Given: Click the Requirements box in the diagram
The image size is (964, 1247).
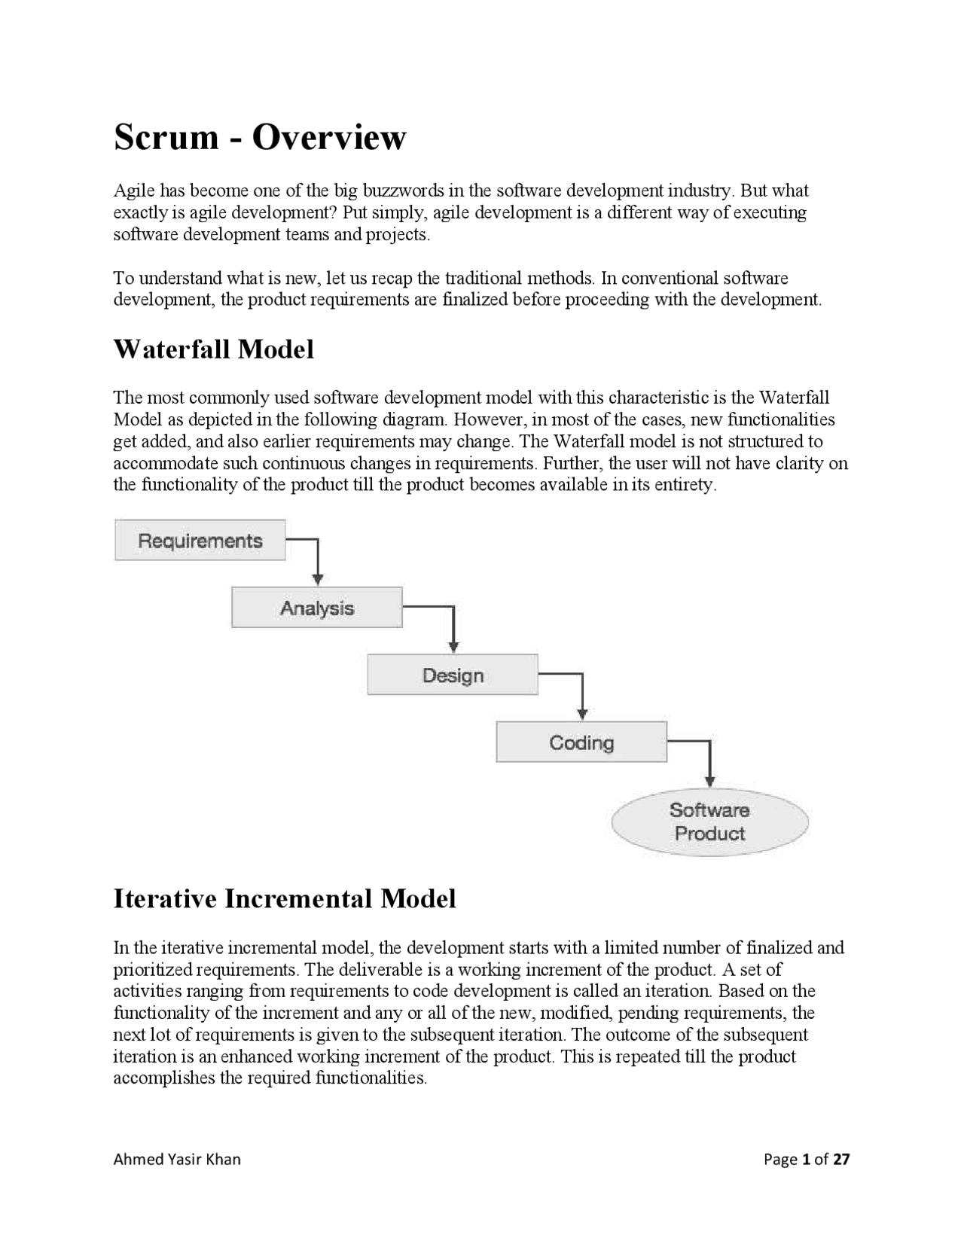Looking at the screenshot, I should [x=200, y=540].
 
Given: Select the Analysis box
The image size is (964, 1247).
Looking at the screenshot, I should [x=316, y=608].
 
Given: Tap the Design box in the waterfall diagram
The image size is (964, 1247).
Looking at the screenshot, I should [x=453, y=675].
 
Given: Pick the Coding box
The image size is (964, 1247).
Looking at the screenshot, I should [x=581, y=742].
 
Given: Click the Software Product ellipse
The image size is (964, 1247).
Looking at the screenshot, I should [x=709, y=822].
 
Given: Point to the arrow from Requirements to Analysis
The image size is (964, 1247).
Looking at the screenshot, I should [x=318, y=561].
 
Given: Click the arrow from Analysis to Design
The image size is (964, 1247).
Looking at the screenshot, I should [x=453, y=629].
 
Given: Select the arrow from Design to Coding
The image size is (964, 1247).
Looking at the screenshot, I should [x=581, y=696].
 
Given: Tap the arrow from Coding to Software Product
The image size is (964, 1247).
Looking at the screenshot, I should [x=709, y=764].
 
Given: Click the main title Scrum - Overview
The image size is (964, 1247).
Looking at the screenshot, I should [x=260, y=137].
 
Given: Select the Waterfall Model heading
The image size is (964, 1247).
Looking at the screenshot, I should [x=213, y=349].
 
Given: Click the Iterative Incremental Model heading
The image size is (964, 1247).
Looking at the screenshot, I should [x=285, y=898].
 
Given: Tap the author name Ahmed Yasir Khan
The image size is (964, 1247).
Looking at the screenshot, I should [x=177, y=1159].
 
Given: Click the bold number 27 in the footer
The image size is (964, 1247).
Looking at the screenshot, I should [x=841, y=1159].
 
